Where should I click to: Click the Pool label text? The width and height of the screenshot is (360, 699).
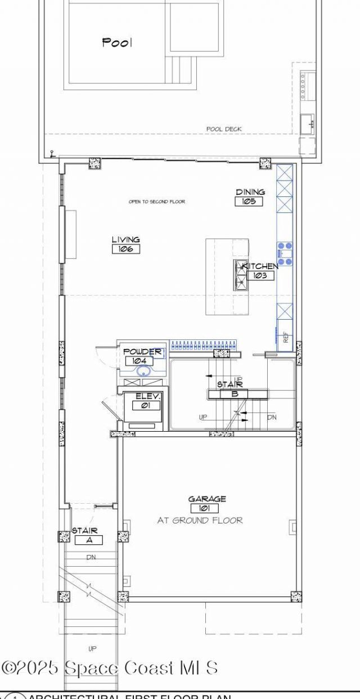tap(117, 42)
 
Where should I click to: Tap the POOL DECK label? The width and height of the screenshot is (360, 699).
tap(223, 129)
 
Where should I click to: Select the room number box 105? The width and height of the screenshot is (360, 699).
tap(249, 201)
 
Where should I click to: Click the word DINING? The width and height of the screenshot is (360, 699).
tap(250, 192)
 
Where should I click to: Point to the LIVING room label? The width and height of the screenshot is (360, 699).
tap(125, 240)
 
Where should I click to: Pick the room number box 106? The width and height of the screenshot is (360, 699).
tap(125, 249)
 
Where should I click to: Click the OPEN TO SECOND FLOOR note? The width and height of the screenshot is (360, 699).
tap(156, 201)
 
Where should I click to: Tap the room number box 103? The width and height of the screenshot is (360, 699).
tap(260, 276)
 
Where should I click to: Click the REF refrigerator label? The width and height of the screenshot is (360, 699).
tap(286, 338)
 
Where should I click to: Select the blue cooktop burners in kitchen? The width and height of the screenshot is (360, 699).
tap(285, 253)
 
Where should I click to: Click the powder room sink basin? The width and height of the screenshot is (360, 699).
tap(144, 371)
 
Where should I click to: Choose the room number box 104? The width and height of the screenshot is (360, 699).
tap(138, 361)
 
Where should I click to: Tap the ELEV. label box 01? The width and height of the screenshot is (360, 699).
tap(147, 405)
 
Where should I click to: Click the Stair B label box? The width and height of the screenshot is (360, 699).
tap(235, 394)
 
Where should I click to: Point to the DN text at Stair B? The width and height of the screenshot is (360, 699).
tap(272, 417)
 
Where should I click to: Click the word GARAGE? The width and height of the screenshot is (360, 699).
tap(207, 499)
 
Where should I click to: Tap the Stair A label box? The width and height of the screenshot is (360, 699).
tap(88, 540)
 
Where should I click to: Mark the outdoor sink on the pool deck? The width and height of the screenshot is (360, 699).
tap(307, 122)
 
